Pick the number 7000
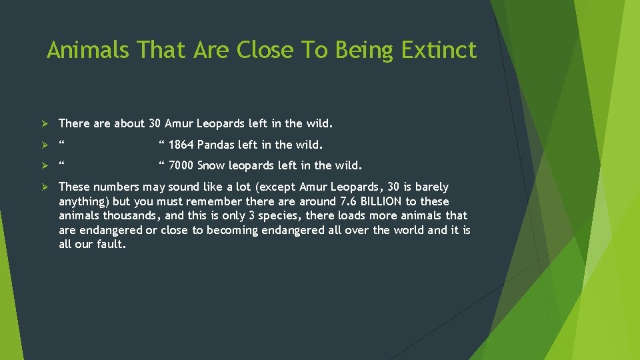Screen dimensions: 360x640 point(181,165)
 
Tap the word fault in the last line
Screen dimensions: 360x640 point(110,244)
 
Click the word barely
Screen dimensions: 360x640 point(432,187)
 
